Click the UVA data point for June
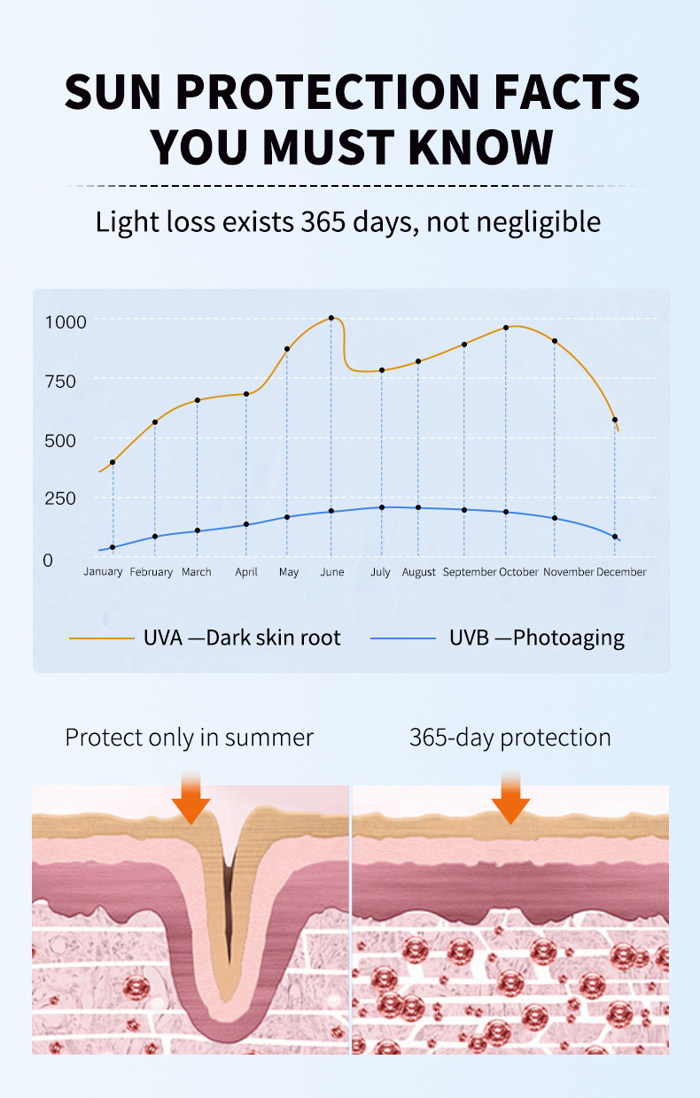(x=331, y=318)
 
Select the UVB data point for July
(x=382, y=507)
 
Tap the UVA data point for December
(x=615, y=420)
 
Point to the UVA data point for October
(x=506, y=328)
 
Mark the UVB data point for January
(x=113, y=547)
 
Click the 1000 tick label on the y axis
(x=66, y=321)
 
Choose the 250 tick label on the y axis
(x=61, y=499)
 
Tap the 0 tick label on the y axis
(x=48, y=560)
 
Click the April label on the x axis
(x=246, y=572)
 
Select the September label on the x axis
(x=470, y=572)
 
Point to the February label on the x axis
(x=152, y=572)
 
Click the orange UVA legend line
(x=102, y=638)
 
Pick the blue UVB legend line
(x=403, y=638)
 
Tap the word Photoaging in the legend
(x=569, y=638)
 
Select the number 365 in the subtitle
(x=327, y=221)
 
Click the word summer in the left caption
(x=272, y=738)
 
